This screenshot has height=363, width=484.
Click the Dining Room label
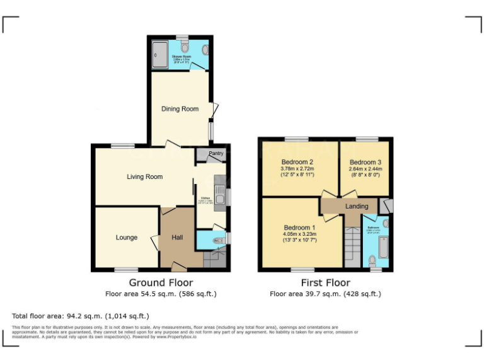coord(180,109)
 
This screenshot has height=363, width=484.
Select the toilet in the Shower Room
coord(185,47)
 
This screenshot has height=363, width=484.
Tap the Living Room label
coord(144,177)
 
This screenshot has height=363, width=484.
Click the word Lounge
coord(126,238)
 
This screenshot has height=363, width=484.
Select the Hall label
coord(178,238)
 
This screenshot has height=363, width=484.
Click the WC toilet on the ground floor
coord(217,240)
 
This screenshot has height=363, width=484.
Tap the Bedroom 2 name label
coord(297,162)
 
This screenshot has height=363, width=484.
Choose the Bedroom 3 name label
coord(366,162)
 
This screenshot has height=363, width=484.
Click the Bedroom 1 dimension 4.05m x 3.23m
coord(299,234)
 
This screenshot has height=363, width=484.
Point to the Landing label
coord(357,206)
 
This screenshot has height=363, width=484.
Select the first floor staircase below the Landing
coord(351,246)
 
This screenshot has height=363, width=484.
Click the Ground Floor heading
coord(161,283)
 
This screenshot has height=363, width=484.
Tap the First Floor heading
coord(325,283)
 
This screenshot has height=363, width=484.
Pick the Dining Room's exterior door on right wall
coord(215,111)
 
